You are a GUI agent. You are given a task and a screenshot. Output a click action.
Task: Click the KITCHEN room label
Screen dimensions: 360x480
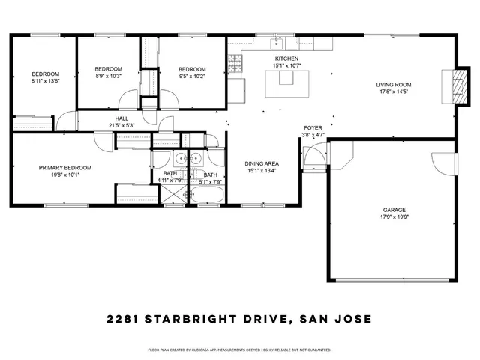point(286,58)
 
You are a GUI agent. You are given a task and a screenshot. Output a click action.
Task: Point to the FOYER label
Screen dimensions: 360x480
point(313,128)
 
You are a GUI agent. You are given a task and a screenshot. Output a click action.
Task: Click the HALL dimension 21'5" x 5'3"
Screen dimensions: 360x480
point(120,125)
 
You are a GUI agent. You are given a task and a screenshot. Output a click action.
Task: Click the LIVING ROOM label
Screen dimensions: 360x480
point(394,84)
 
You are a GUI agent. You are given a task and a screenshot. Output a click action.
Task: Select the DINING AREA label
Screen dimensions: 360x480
point(262,163)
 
